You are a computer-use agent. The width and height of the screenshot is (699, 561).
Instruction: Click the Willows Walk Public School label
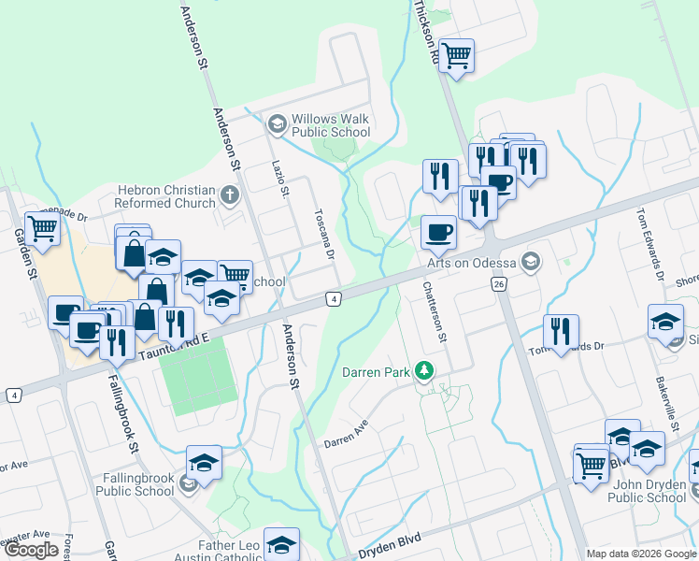click(x=331, y=125)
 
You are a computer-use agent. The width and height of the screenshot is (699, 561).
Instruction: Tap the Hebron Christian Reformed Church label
click(x=165, y=195)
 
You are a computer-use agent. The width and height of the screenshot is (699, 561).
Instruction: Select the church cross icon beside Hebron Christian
click(x=230, y=196)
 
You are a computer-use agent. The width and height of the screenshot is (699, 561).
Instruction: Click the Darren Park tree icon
click(x=425, y=371)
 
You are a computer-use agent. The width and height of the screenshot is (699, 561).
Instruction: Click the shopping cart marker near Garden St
click(x=42, y=227)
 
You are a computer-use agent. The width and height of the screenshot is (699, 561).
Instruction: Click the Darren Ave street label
click(x=347, y=433)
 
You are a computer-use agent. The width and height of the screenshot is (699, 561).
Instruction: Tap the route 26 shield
click(x=499, y=283)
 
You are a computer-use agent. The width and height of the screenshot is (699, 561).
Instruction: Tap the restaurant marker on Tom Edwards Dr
click(x=560, y=332)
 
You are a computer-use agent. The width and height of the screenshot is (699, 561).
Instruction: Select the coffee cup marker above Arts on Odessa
click(x=437, y=233)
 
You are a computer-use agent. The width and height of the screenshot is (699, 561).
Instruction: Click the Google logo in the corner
click(x=32, y=551)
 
